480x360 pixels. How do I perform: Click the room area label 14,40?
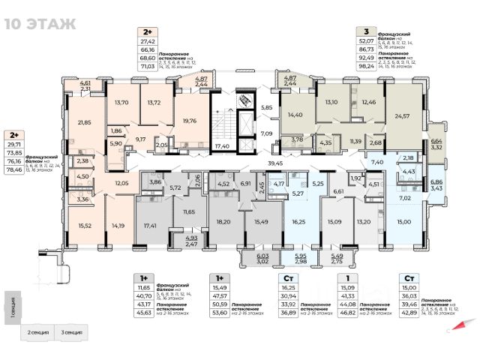(x=295, y=115)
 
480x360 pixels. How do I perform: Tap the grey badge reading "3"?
(x=366, y=31)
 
